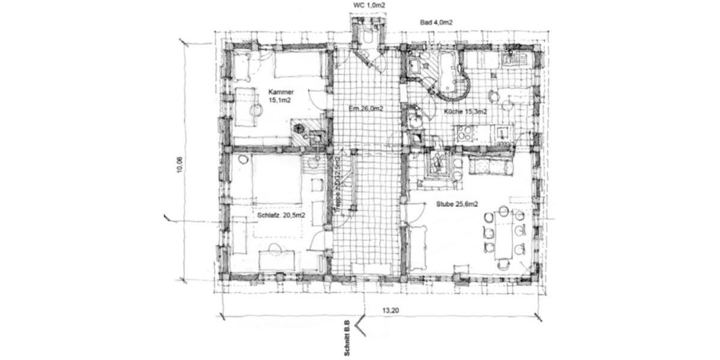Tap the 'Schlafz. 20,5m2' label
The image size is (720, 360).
tap(281, 215)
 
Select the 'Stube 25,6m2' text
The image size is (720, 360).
tap(457, 205)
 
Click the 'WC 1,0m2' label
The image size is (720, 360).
tap(369, 5)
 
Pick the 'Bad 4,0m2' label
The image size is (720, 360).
tap(436, 22)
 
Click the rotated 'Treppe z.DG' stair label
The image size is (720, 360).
tap(338, 186)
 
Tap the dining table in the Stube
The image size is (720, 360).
tap(503, 234)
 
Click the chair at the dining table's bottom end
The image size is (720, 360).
tap(503, 263)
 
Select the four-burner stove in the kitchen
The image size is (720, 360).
tap(464, 133)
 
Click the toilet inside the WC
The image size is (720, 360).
tap(367, 36)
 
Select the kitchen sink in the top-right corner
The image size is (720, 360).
tap(515, 58)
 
